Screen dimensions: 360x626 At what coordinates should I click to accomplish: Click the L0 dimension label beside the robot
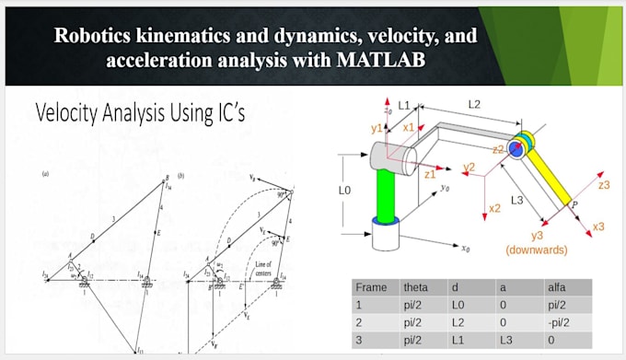point(344,191)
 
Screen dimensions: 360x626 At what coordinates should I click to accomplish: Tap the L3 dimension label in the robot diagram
point(517,200)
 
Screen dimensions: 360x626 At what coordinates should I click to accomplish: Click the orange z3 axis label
point(604,185)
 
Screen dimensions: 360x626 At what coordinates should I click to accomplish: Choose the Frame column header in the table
point(372,286)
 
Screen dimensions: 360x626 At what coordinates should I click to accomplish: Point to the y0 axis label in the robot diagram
point(446,187)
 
